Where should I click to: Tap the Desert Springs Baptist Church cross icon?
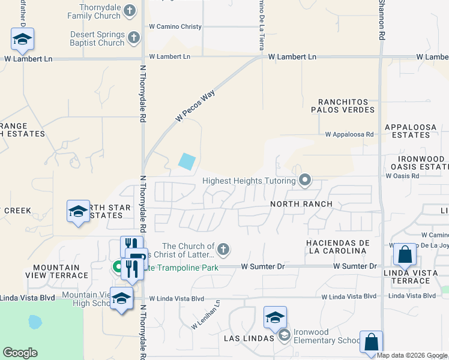pyautogui.click(x=134, y=38)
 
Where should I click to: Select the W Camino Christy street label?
pyautogui.click(x=175, y=26)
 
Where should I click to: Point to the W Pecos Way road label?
pyautogui.click(x=196, y=107)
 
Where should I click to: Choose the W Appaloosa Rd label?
pyautogui.click(x=349, y=135)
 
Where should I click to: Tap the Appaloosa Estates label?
pyautogui.click(x=415, y=131)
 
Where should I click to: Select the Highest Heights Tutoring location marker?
pyautogui.click(x=306, y=180)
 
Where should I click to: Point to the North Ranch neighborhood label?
pyautogui.click(x=301, y=204)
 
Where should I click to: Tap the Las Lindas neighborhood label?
pyautogui.click(x=240, y=338)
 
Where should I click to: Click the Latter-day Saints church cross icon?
pyautogui.click(x=223, y=248)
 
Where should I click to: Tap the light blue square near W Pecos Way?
pyautogui.click(x=187, y=161)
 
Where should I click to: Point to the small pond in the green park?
pyautogui.click(x=35, y=323)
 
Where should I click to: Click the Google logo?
pyautogui.click(x=20, y=353)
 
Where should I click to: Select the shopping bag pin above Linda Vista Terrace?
pyautogui.click(x=405, y=254)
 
